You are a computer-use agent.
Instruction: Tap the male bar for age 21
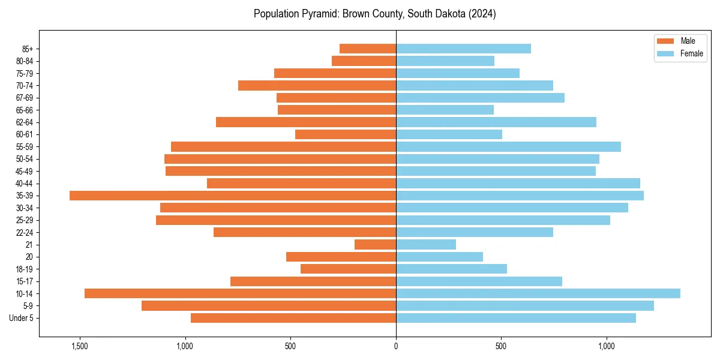coord(376,244)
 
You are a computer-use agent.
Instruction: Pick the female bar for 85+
coord(463,49)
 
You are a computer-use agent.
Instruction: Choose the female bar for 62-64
coord(496,122)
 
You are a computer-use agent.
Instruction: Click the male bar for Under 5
coord(293,318)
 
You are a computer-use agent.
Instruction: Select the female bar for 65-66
coord(445,110)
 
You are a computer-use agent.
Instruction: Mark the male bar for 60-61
coord(346,134)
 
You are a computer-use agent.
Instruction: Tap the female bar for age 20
coord(439,257)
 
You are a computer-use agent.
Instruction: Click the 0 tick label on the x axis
coord(396,346)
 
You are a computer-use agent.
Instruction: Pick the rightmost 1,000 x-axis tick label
coord(607,346)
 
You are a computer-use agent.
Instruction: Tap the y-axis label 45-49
coord(25,171)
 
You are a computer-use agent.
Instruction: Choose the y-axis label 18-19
coord(25,269)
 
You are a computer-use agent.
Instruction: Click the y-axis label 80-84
coord(25,61)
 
